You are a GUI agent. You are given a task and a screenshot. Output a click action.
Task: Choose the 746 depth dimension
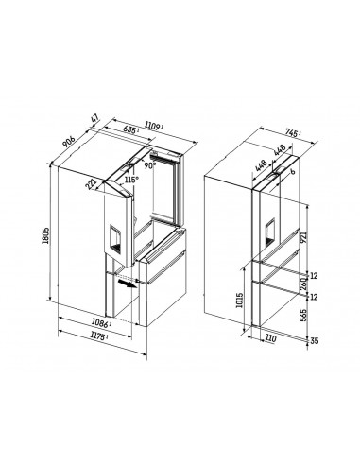(x=293, y=136)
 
